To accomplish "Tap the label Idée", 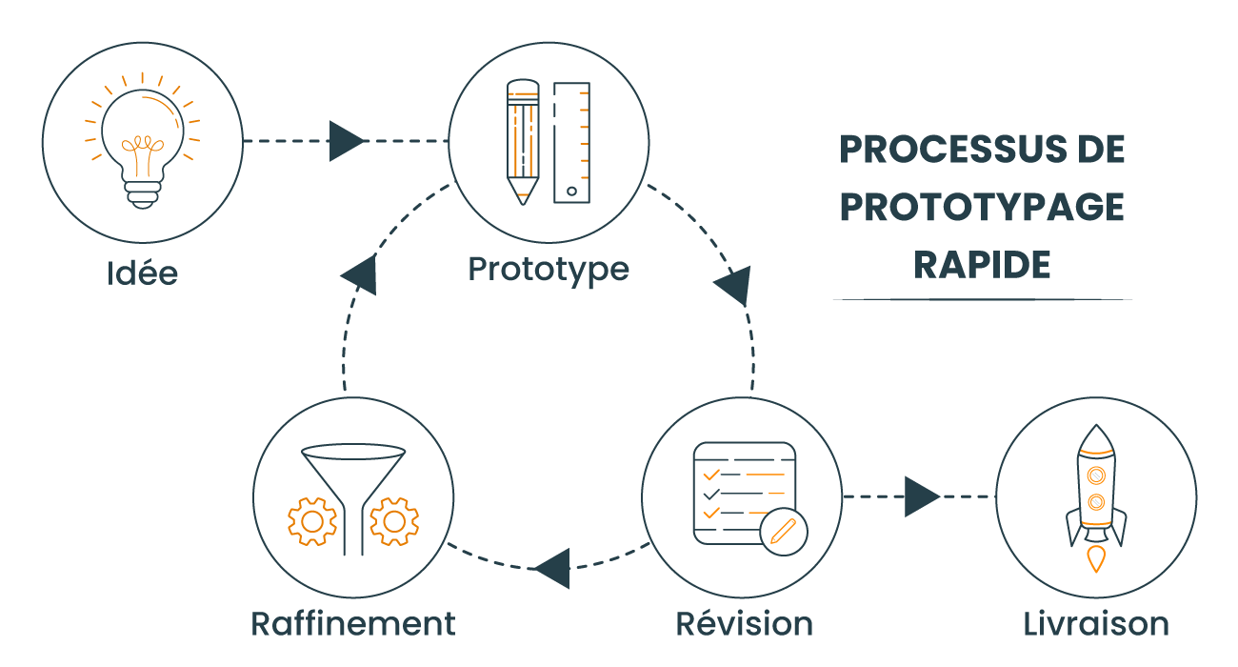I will click(x=142, y=273).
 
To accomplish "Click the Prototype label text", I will click(x=549, y=269).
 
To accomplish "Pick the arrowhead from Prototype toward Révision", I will click(x=736, y=285).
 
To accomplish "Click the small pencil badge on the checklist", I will click(x=784, y=530).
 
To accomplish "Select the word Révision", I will click(x=744, y=624).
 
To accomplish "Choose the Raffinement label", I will click(x=353, y=624).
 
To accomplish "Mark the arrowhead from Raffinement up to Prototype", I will click(x=361, y=274).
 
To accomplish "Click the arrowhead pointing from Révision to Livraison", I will click(x=921, y=496).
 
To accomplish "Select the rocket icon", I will click(x=1096, y=496).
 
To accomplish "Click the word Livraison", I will click(x=1096, y=624).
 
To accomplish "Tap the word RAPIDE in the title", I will click(x=982, y=264).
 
